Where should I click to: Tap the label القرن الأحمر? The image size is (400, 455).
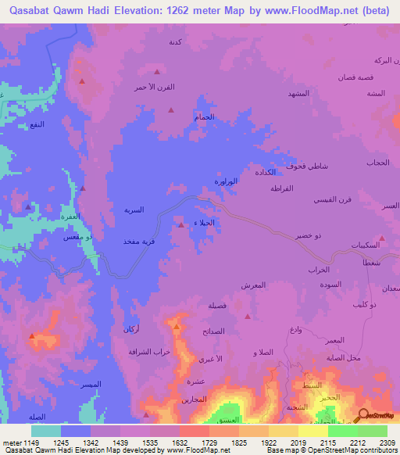(x=168, y=87)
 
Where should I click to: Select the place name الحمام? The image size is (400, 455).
(x=204, y=116)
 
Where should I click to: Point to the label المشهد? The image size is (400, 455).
(x=299, y=93)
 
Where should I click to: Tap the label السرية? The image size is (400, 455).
(x=134, y=210)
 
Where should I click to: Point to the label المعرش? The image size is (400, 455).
(x=255, y=285)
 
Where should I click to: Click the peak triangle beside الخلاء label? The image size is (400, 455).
(x=182, y=225)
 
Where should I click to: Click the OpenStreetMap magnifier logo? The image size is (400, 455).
(x=362, y=415)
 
